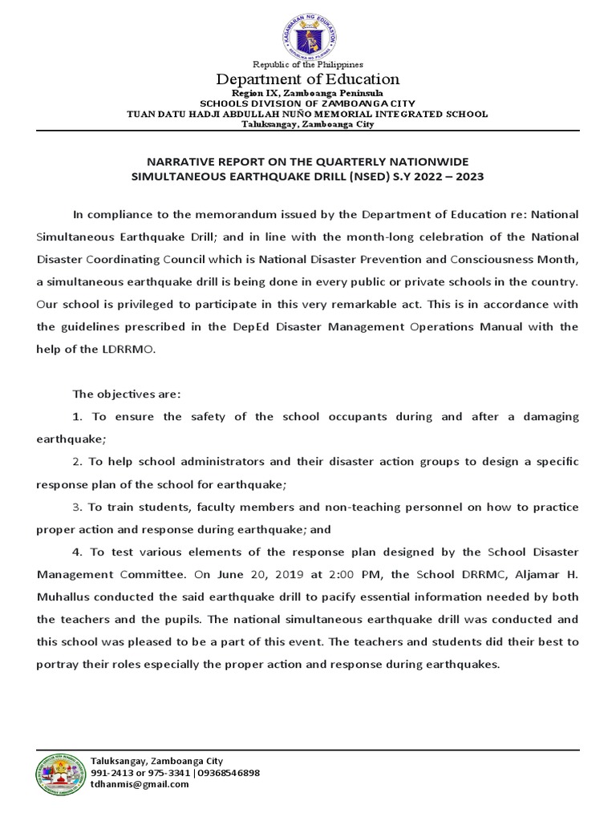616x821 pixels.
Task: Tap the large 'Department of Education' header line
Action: click(x=308, y=79)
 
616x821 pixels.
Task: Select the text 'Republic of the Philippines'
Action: click(x=308, y=64)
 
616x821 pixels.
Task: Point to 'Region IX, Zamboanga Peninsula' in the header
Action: click(x=308, y=94)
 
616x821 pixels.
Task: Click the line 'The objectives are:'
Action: click(x=127, y=394)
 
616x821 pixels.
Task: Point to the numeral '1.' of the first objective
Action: click(x=78, y=417)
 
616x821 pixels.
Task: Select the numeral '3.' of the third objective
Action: click(x=78, y=508)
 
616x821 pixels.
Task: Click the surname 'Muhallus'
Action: click(x=67, y=597)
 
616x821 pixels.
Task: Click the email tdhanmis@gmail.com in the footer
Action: click(x=140, y=784)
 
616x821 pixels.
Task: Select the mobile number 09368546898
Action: click(x=228, y=773)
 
